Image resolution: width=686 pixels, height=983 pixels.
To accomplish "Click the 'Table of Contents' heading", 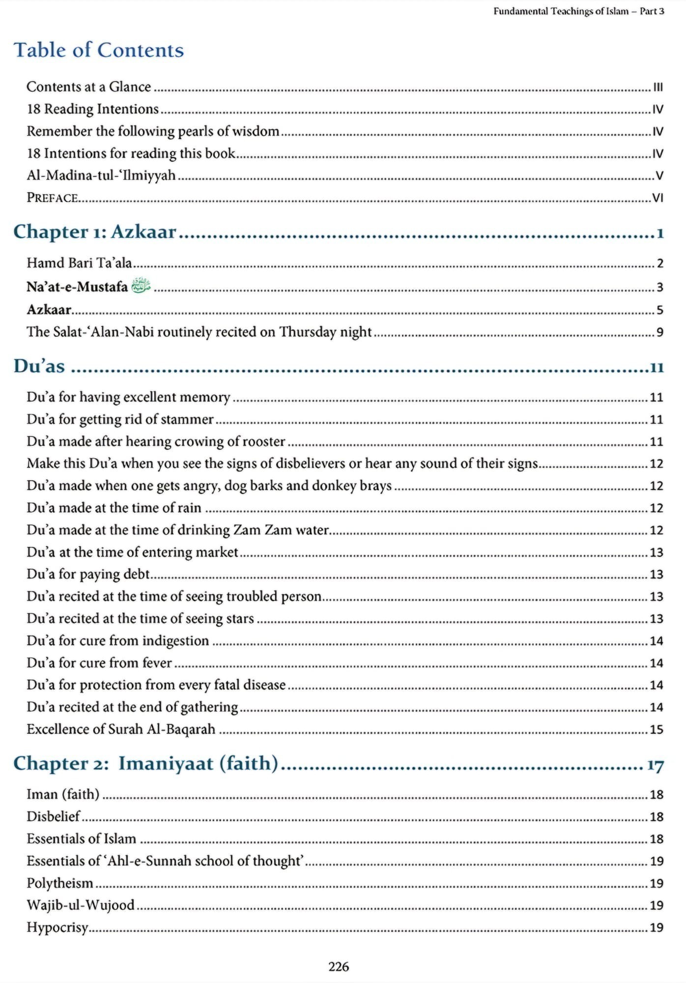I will click(98, 50).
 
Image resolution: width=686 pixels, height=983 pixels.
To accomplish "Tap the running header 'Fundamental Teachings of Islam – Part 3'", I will click(578, 11).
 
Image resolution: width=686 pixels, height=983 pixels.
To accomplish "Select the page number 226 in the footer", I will click(339, 967).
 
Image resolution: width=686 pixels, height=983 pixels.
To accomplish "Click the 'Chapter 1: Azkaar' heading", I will click(95, 231).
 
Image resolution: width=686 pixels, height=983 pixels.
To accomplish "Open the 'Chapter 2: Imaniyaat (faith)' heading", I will click(146, 763).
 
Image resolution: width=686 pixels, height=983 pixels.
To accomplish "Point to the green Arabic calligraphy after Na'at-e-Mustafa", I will click(141, 286).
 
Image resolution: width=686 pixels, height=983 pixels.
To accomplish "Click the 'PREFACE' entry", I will click(52, 198).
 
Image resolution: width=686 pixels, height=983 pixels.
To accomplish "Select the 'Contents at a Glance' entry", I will click(88, 87).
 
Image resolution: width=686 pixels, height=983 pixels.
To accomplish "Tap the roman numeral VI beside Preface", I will click(657, 198).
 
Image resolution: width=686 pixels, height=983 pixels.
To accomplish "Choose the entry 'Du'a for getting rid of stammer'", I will click(120, 419).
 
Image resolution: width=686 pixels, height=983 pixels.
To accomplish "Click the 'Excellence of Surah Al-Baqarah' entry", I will click(121, 729).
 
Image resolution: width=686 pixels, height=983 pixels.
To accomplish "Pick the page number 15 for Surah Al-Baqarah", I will click(657, 729).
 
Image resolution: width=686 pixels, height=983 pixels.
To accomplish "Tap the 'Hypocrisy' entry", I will click(57, 927).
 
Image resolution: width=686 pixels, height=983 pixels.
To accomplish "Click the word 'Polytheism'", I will click(60, 883).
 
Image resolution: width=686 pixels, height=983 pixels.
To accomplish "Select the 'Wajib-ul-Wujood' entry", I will click(81, 905).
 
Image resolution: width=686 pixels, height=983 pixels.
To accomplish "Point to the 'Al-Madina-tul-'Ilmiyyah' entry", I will click(101, 175).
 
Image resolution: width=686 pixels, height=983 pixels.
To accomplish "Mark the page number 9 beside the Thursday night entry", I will click(659, 332).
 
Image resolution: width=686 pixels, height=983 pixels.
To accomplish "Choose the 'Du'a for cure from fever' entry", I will click(99, 663).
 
